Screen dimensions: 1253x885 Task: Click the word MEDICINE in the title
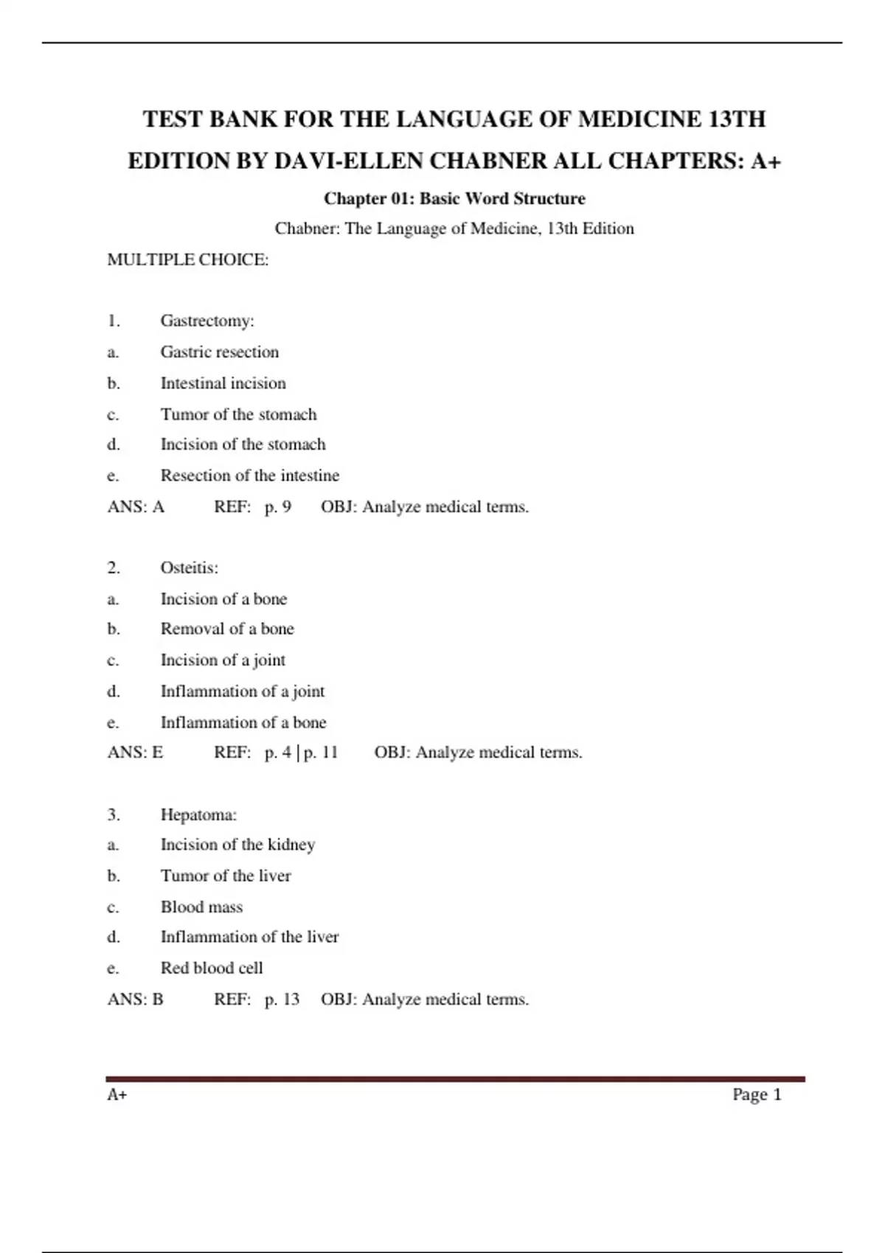[639, 119]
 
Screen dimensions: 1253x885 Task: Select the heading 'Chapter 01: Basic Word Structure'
[454, 198]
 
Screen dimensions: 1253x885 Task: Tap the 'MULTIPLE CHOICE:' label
[188, 259]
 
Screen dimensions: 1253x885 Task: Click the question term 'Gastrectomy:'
[207, 321]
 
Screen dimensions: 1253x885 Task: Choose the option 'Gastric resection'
[220, 352]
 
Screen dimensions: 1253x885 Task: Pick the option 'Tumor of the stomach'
[238, 414]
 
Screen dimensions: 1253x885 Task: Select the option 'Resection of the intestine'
[250, 475]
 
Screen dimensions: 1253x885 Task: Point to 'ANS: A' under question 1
[136, 507]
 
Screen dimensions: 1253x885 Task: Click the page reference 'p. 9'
[278, 507]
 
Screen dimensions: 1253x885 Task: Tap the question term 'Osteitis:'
[190, 568]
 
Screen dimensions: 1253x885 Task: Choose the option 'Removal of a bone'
[227, 629]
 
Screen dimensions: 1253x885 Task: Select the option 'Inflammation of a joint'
[243, 691]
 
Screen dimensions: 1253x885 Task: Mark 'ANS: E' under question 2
[135, 753]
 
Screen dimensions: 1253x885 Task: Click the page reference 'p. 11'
[321, 753]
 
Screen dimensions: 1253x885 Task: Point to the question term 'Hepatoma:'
[198, 814]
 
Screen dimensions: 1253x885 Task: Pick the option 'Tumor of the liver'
[226, 876]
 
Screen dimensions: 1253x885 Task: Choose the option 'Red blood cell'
[212, 968]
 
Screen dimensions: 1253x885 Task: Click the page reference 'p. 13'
[282, 999]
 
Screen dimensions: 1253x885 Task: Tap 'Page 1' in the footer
[757, 1095]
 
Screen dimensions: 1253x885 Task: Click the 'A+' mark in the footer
[117, 1095]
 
